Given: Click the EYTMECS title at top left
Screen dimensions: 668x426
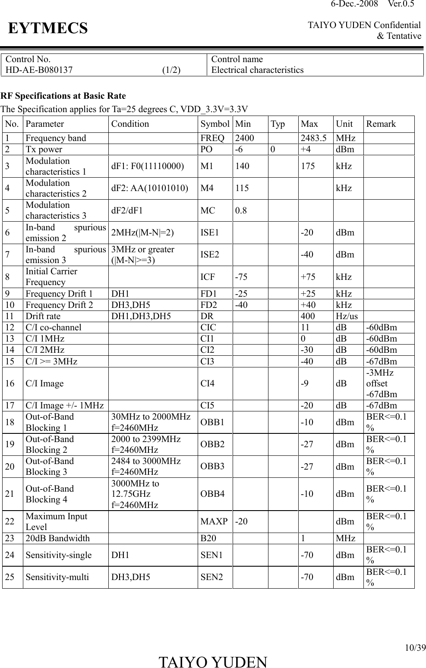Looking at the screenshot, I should (x=47, y=29).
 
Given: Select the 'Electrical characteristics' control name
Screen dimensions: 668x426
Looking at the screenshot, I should (x=257, y=70).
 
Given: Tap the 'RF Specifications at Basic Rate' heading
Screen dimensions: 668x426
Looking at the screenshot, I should (x=63, y=96).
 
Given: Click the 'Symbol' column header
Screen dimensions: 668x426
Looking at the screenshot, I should (x=215, y=124).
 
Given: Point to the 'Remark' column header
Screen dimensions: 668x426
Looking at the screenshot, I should (x=381, y=124).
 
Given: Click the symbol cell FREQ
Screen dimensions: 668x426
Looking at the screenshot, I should (x=212, y=138).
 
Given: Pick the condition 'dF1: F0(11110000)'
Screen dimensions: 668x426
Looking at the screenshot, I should (x=147, y=166).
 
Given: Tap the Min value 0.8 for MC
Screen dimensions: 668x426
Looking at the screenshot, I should (x=241, y=211).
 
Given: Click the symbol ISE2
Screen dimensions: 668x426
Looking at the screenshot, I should (x=210, y=254).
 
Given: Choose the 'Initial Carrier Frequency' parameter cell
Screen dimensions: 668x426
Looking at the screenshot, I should (x=51, y=277).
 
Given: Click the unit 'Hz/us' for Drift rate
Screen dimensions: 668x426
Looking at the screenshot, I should (x=347, y=316).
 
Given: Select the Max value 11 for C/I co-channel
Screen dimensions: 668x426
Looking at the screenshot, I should (x=305, y=327).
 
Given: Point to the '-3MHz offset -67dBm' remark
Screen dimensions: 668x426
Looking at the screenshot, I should (x=382, y=383).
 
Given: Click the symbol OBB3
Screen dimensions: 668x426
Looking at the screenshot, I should (x=212, y=467).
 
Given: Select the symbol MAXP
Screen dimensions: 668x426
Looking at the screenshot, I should (x=214, y=522).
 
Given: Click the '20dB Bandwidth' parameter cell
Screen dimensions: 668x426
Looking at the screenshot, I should (x=58, y=538).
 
